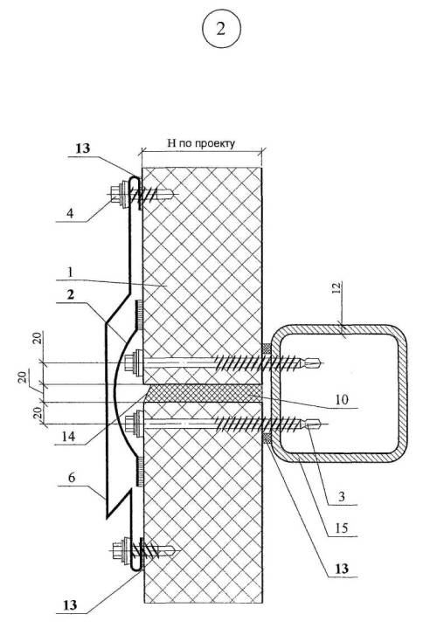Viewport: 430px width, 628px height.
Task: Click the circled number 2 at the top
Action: pyautogui.click(x=221, y=29)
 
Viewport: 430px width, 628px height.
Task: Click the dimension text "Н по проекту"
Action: pyautogui.click(x=201, y=143)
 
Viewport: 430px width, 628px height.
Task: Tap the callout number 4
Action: pyautogui.click(x=70, y=213)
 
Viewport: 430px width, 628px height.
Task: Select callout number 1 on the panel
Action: pyautogui.click(x=70, y=273)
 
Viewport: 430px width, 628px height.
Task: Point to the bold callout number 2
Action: pyautogui.click(x=71, y=295)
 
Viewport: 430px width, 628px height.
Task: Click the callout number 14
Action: pyautogui.click(x=68, y=436)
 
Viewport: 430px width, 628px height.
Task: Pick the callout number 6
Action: pyautogui.click(x=72, y=478)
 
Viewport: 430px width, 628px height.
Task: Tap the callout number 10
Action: pyautogui.click(x=341, y=399)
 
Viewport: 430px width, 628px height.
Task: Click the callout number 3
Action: pyautogui.click(x=341, y=497)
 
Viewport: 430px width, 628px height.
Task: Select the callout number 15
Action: pyautogui.click(x=341, y=528)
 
